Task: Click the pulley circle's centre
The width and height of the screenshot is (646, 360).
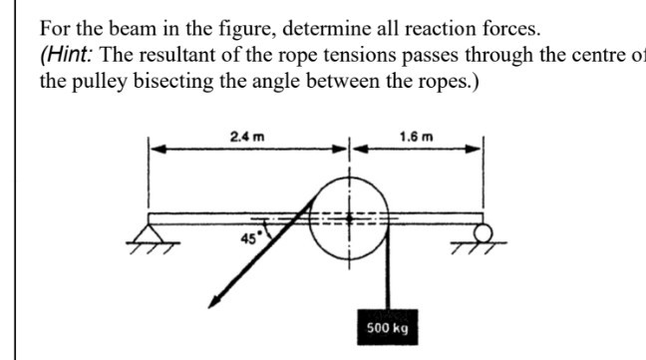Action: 350,216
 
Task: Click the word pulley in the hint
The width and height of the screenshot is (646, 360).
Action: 95,82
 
